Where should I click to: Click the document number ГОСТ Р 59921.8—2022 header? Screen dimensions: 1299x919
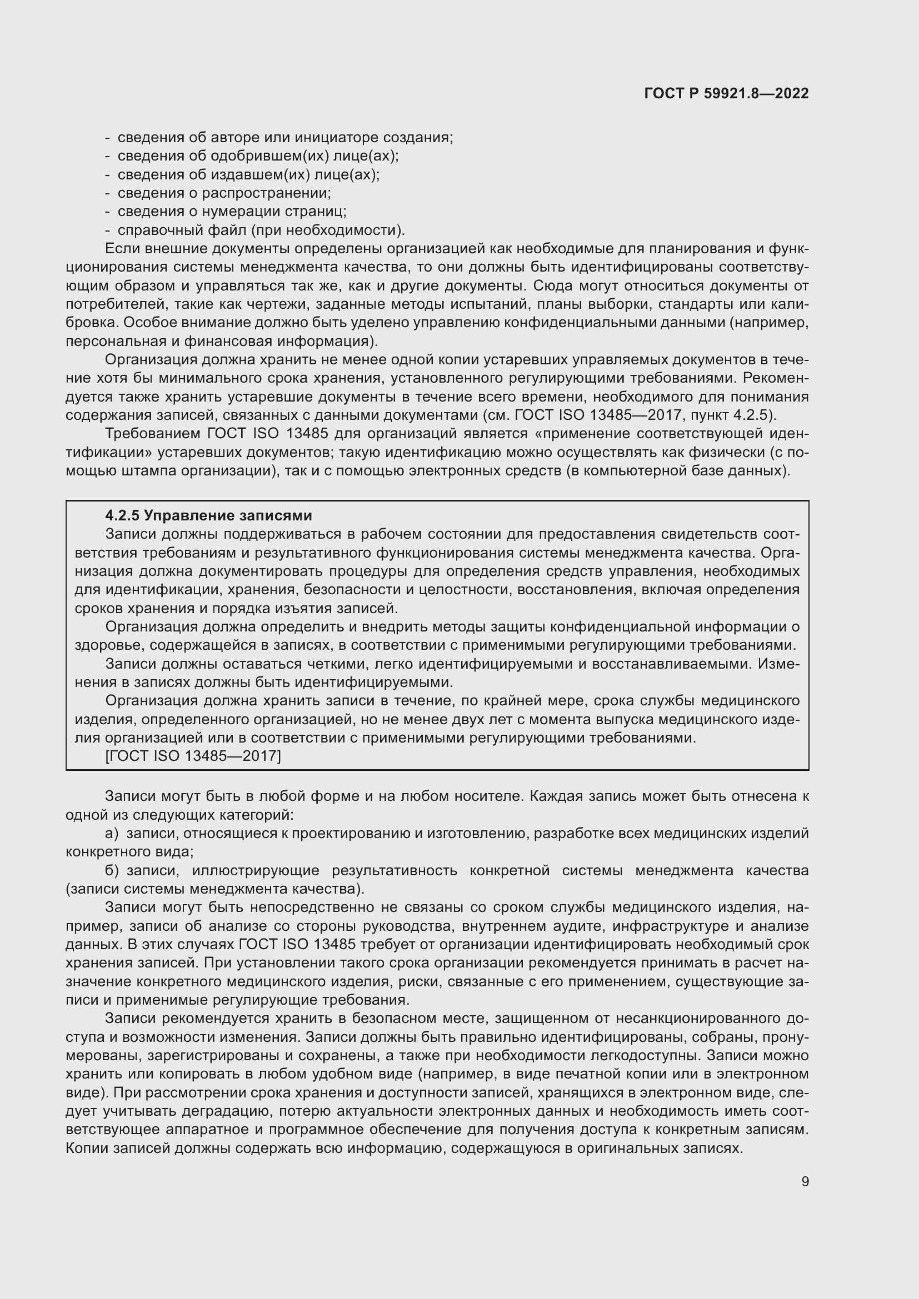(726, 93)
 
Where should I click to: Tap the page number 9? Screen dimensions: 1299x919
(805, 1181)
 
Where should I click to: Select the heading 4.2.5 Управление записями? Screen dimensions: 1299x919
(209, 515)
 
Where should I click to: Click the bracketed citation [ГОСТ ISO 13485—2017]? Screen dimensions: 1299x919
(193, 756)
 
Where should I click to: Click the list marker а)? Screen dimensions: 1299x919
(112, 834)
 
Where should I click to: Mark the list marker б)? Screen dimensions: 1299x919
(112, 870)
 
